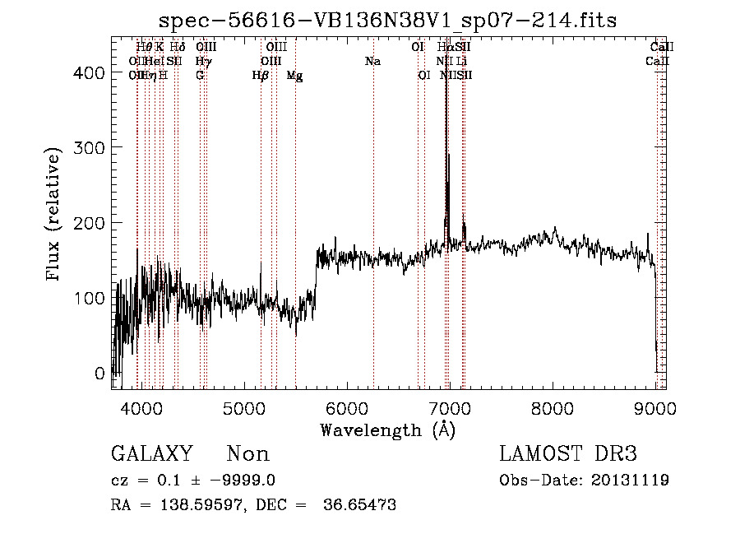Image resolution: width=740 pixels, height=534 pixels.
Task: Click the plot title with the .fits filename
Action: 387,19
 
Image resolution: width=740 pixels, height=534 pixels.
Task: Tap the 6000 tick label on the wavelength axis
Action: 347,407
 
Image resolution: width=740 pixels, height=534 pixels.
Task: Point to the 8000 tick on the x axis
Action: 553,407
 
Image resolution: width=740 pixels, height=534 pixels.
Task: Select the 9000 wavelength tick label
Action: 655,407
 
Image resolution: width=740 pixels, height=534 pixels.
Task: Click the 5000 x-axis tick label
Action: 244,407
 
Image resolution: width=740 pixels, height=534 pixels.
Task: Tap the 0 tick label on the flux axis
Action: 99,373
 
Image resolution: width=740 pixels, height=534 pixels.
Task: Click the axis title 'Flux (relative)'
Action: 55,216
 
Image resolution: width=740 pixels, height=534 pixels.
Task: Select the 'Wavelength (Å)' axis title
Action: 387,430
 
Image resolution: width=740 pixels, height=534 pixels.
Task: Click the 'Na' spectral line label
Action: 372,61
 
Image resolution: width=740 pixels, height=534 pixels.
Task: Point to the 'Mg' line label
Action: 294,75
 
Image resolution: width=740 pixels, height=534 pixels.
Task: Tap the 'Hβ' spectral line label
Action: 261,75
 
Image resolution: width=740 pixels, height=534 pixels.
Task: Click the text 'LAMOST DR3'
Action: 568,454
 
